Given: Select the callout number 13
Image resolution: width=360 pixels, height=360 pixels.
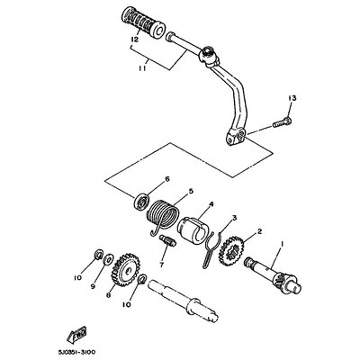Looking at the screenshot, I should (291, 97).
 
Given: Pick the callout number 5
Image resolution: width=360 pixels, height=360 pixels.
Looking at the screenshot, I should (189, 190).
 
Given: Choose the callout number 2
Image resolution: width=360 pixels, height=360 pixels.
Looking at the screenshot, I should (259, 231).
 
